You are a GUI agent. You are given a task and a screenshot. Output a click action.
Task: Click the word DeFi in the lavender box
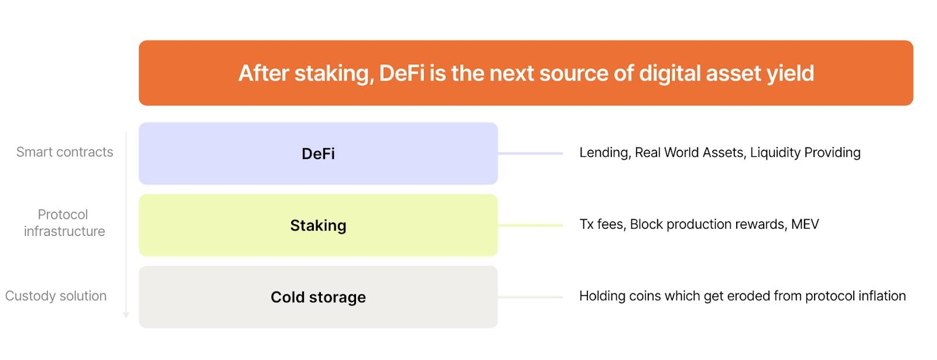(x=318, y=154)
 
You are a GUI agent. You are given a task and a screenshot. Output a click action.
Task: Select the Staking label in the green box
(x=318, y=226)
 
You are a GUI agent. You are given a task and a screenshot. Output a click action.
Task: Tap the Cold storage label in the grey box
(x=318, y=297)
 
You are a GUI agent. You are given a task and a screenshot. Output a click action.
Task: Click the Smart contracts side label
(x=64, y=152)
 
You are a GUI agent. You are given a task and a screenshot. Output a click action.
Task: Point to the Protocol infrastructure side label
(x=64, y=222)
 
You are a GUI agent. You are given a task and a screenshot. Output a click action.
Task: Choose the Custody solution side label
(x=56, y=296)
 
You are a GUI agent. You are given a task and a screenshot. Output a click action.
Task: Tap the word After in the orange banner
(x=264, y=73)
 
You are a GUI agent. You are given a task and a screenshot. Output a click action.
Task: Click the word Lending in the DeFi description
(x=604, y=153)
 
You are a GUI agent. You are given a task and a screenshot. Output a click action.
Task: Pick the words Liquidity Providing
(x=805, y=153)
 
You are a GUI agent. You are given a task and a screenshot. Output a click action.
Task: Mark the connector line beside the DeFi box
(x=531, y=153)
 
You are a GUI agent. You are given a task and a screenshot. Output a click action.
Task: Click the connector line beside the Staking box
(x=531, y=225)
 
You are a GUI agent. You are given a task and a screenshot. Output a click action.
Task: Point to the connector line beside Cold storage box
(x=531, y=297)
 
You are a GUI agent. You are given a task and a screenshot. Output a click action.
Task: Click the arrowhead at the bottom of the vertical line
(x=126, y=316)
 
